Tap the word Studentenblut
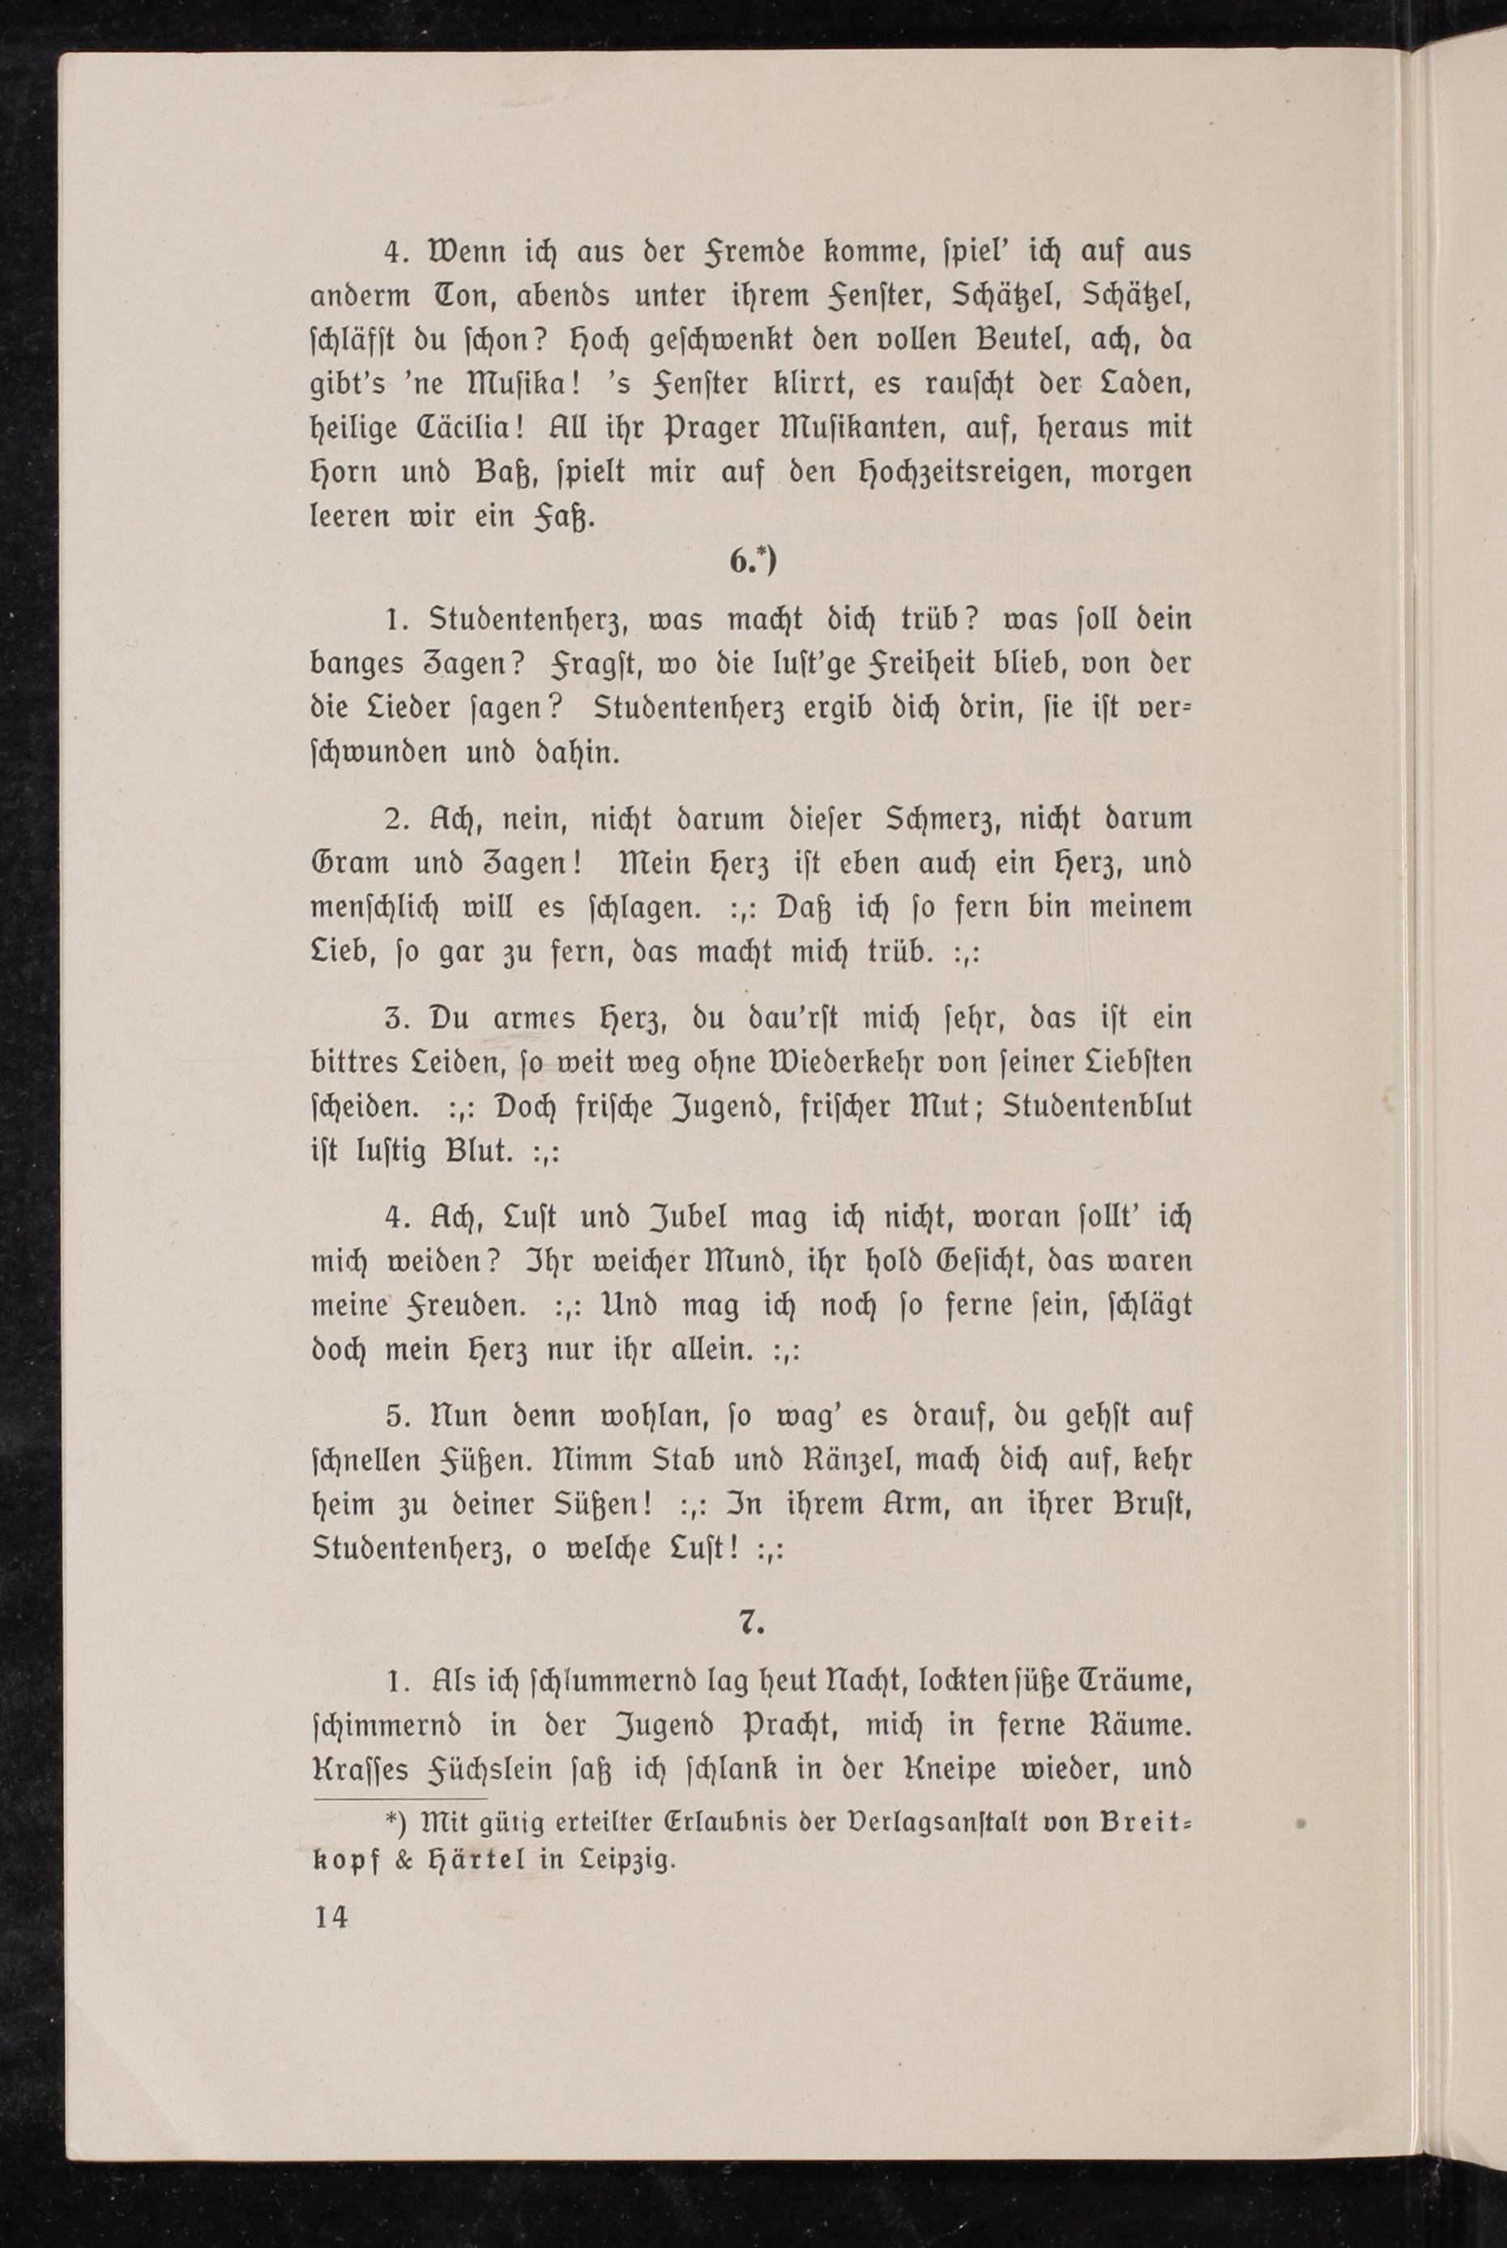tap(1096, 1106)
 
